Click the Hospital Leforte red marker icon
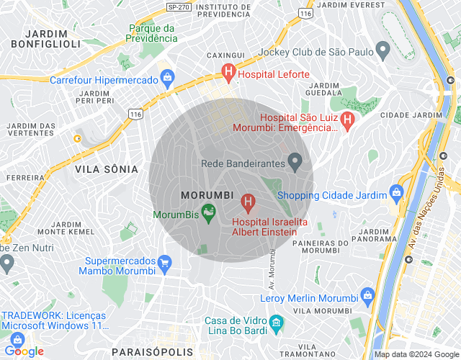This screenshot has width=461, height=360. [228, 72]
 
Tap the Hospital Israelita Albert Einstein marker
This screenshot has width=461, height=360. [249, 203]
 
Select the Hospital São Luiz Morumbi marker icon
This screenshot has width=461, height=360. [347, 120]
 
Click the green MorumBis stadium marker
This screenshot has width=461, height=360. [208, 212]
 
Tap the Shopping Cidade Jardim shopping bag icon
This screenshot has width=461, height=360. [395, 192]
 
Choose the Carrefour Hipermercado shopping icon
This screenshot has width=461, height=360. [167, 76]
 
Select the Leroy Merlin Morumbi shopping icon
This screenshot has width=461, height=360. [367, 295]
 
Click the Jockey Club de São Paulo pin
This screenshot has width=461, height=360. [383, 50]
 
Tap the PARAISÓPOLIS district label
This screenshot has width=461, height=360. [153, 351]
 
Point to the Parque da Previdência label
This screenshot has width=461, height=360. [153, 33]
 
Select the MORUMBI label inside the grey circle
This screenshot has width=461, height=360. [206, 195]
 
